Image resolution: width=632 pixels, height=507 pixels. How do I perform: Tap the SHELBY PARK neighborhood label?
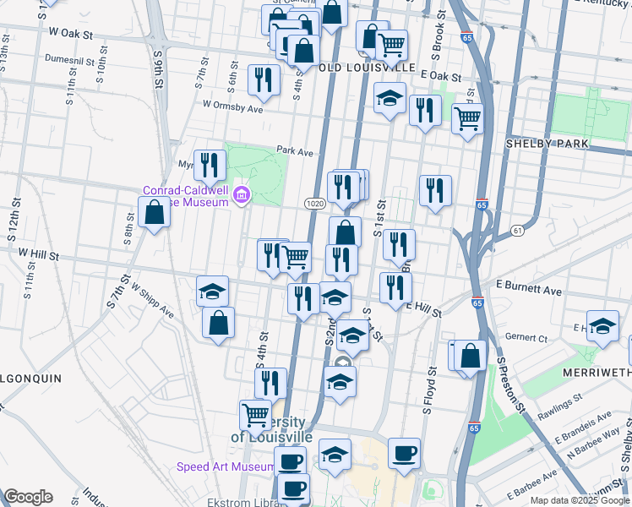point(547,144)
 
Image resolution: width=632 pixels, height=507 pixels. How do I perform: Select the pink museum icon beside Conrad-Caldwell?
point(242,196)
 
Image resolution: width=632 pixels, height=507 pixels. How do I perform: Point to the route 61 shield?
point(518,231)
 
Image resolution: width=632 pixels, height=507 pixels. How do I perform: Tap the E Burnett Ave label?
point(529,290)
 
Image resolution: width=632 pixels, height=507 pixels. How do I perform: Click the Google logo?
point(28,497)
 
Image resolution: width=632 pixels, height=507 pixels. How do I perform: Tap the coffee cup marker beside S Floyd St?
point(404,452)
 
